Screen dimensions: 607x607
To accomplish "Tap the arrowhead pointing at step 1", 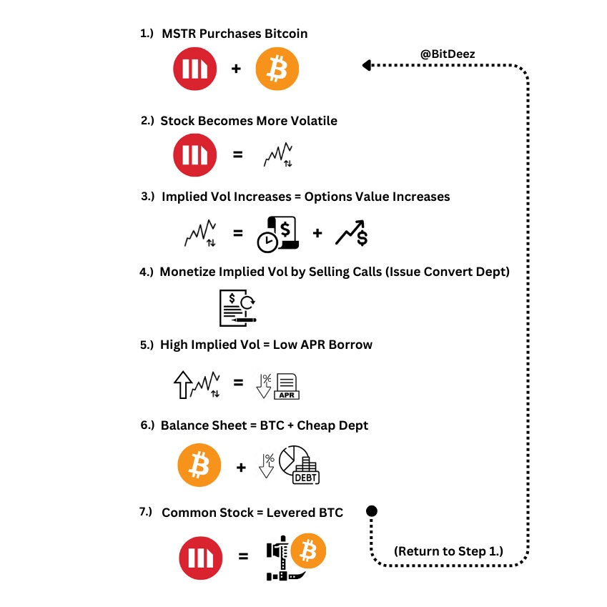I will coord(366,66).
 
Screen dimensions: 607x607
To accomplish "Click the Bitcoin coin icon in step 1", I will coord(277,70).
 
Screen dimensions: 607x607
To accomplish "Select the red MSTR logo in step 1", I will coord(194,70).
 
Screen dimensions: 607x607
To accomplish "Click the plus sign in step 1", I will coord(236,70).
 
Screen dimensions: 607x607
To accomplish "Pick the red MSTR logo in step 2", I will coord(194,155).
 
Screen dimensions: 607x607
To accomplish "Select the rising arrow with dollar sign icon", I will coord(352,233).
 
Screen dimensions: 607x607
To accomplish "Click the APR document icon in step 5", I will coord(287,386).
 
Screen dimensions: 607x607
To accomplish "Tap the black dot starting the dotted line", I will coord(372,510).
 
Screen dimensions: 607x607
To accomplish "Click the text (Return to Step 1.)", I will coord(448,551).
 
